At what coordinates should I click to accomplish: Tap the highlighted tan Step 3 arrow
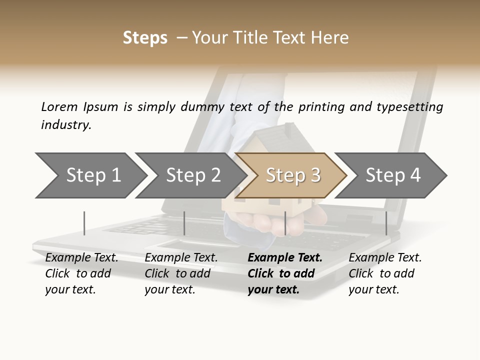click(293, 175)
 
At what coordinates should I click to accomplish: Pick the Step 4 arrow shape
click(393, 175)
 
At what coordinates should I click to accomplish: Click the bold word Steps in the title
click(145, 38)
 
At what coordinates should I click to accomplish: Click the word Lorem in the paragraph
click(59, 107)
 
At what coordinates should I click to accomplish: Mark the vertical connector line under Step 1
click(84, 223)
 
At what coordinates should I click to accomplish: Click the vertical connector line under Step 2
click(184, 223)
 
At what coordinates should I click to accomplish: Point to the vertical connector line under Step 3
click(285, 223)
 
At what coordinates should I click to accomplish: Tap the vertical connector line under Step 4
click(386, 223)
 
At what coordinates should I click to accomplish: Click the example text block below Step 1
click(81, 273)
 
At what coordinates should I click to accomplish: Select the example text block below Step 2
click(180, 273)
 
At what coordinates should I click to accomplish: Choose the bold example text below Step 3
click(284, 273)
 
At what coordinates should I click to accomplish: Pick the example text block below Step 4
click(384, 273)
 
